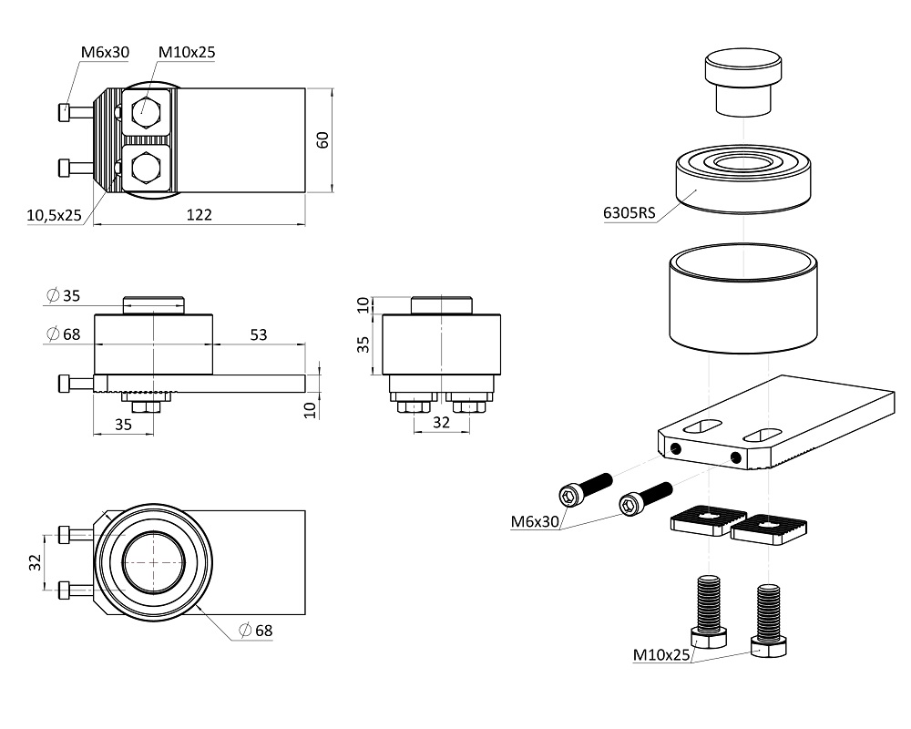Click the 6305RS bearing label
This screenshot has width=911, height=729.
coord(629,214)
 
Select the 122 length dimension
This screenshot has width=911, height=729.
coord(199,215)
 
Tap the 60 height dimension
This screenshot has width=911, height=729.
coord(322,139)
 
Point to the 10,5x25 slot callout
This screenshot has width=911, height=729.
coord(54,215)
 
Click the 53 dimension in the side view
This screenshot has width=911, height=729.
coord(258,334)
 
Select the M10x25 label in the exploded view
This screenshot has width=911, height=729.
coord(662,655)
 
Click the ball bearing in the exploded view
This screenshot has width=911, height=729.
coord(743,179)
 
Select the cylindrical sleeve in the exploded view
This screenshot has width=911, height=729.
coord(743,298)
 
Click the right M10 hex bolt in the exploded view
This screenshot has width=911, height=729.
coord(770,620)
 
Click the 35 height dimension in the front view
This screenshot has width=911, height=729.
coord(363,344)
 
